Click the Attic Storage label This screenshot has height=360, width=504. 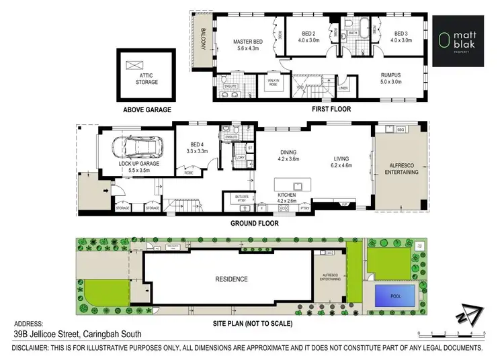[146, 79]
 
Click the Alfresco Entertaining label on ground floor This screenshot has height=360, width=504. [400, 169]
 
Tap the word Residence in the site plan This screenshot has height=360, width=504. [231, 279]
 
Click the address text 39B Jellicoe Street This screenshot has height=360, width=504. [78, 334]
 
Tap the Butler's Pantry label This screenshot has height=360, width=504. [240, 198]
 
